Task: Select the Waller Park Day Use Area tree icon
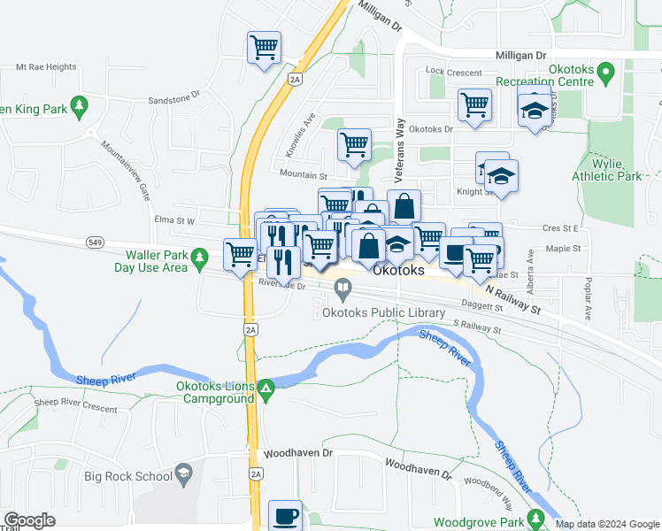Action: click(x=201, y=258)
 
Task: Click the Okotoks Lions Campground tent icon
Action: click(x=266, y=388)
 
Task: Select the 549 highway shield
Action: click(x=96, y=242)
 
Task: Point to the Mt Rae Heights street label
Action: click(x=46, y=67)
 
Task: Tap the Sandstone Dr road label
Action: click(x=174, y=100)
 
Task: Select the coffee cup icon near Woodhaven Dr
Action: click(x=285, y=515)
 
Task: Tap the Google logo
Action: click(x=30, y=520)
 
